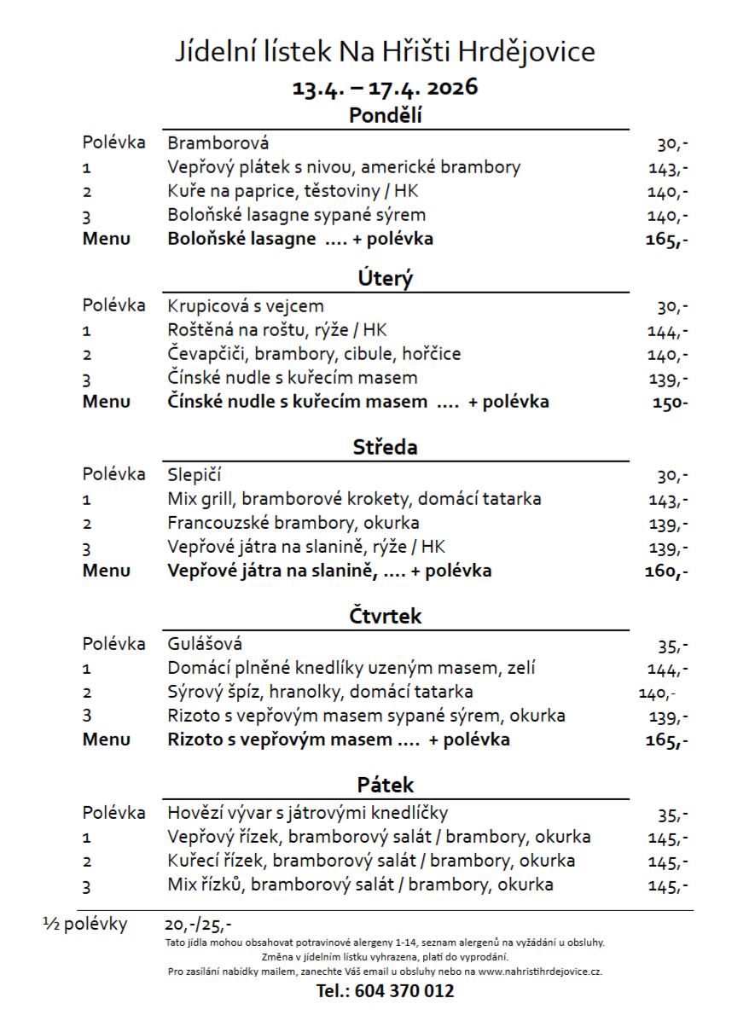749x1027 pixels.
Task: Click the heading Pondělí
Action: click(385, 116)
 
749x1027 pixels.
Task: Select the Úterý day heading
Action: click(385, 279)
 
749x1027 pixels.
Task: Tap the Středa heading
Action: click(385, 447)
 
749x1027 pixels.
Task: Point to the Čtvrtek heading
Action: click(385, 616)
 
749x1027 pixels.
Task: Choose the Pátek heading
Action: click(385, 785)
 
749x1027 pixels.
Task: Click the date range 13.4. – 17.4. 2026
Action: click(385, 87)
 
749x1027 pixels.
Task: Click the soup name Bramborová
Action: click(218, 143)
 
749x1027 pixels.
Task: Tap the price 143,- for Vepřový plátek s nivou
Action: click(667, 168)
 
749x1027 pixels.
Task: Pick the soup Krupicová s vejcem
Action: click(246, 305)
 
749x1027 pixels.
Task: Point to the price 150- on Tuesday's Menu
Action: click(670, 402)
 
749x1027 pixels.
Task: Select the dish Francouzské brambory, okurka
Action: click(293, 523)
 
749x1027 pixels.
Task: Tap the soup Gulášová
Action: click(205, 643)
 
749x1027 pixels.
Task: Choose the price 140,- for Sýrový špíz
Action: click(657, 693)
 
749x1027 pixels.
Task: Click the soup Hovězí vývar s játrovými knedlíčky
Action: click(308, 812)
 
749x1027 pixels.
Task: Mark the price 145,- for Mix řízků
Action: click(668, 885)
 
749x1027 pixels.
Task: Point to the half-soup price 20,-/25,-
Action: click(198, 925)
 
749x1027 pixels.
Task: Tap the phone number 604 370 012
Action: click(385, 991)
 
